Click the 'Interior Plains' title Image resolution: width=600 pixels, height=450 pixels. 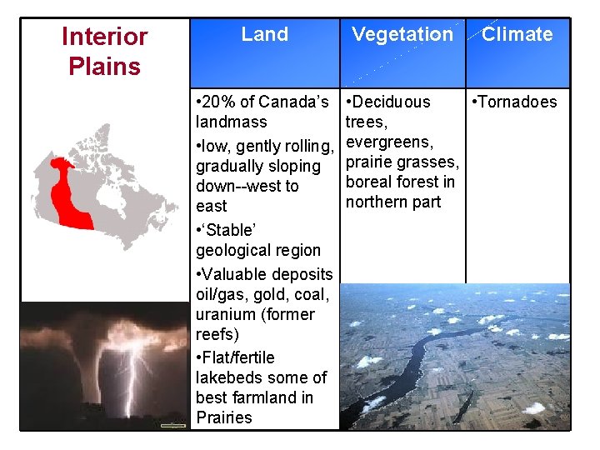(x=104, y=51)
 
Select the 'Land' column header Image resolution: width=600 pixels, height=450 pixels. (x=264, y=34)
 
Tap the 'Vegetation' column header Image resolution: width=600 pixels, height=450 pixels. (x=402, y=34)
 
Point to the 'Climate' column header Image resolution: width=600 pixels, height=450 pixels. (x=517, y=34)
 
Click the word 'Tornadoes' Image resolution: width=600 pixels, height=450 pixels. (x=518, y=102)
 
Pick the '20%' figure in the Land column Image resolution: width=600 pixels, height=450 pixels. (x=214, y=102)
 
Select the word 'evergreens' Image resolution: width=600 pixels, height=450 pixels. (x=387, y=142)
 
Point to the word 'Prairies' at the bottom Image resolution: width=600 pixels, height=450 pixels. (x=223, y=417)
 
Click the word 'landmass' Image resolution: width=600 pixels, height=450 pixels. (x=231, y=122)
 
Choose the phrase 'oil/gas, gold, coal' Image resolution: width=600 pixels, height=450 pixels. (x=262, y=294)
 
